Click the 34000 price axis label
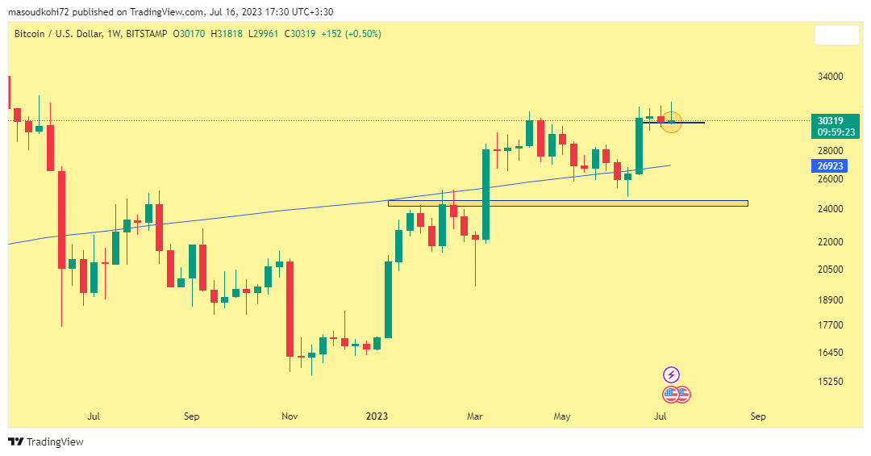point(831,77)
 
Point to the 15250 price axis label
point(831,382)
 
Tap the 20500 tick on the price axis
point(831,270)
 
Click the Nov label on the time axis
point(290,416)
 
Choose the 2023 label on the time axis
point(377,416)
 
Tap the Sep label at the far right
point(757,416)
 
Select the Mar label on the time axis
point(476,416)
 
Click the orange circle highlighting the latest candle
point(672,123)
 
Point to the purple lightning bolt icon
point(671,374)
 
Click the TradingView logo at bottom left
point(46,441)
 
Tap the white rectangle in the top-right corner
point(836,36)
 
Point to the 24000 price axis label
point(831,209)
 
